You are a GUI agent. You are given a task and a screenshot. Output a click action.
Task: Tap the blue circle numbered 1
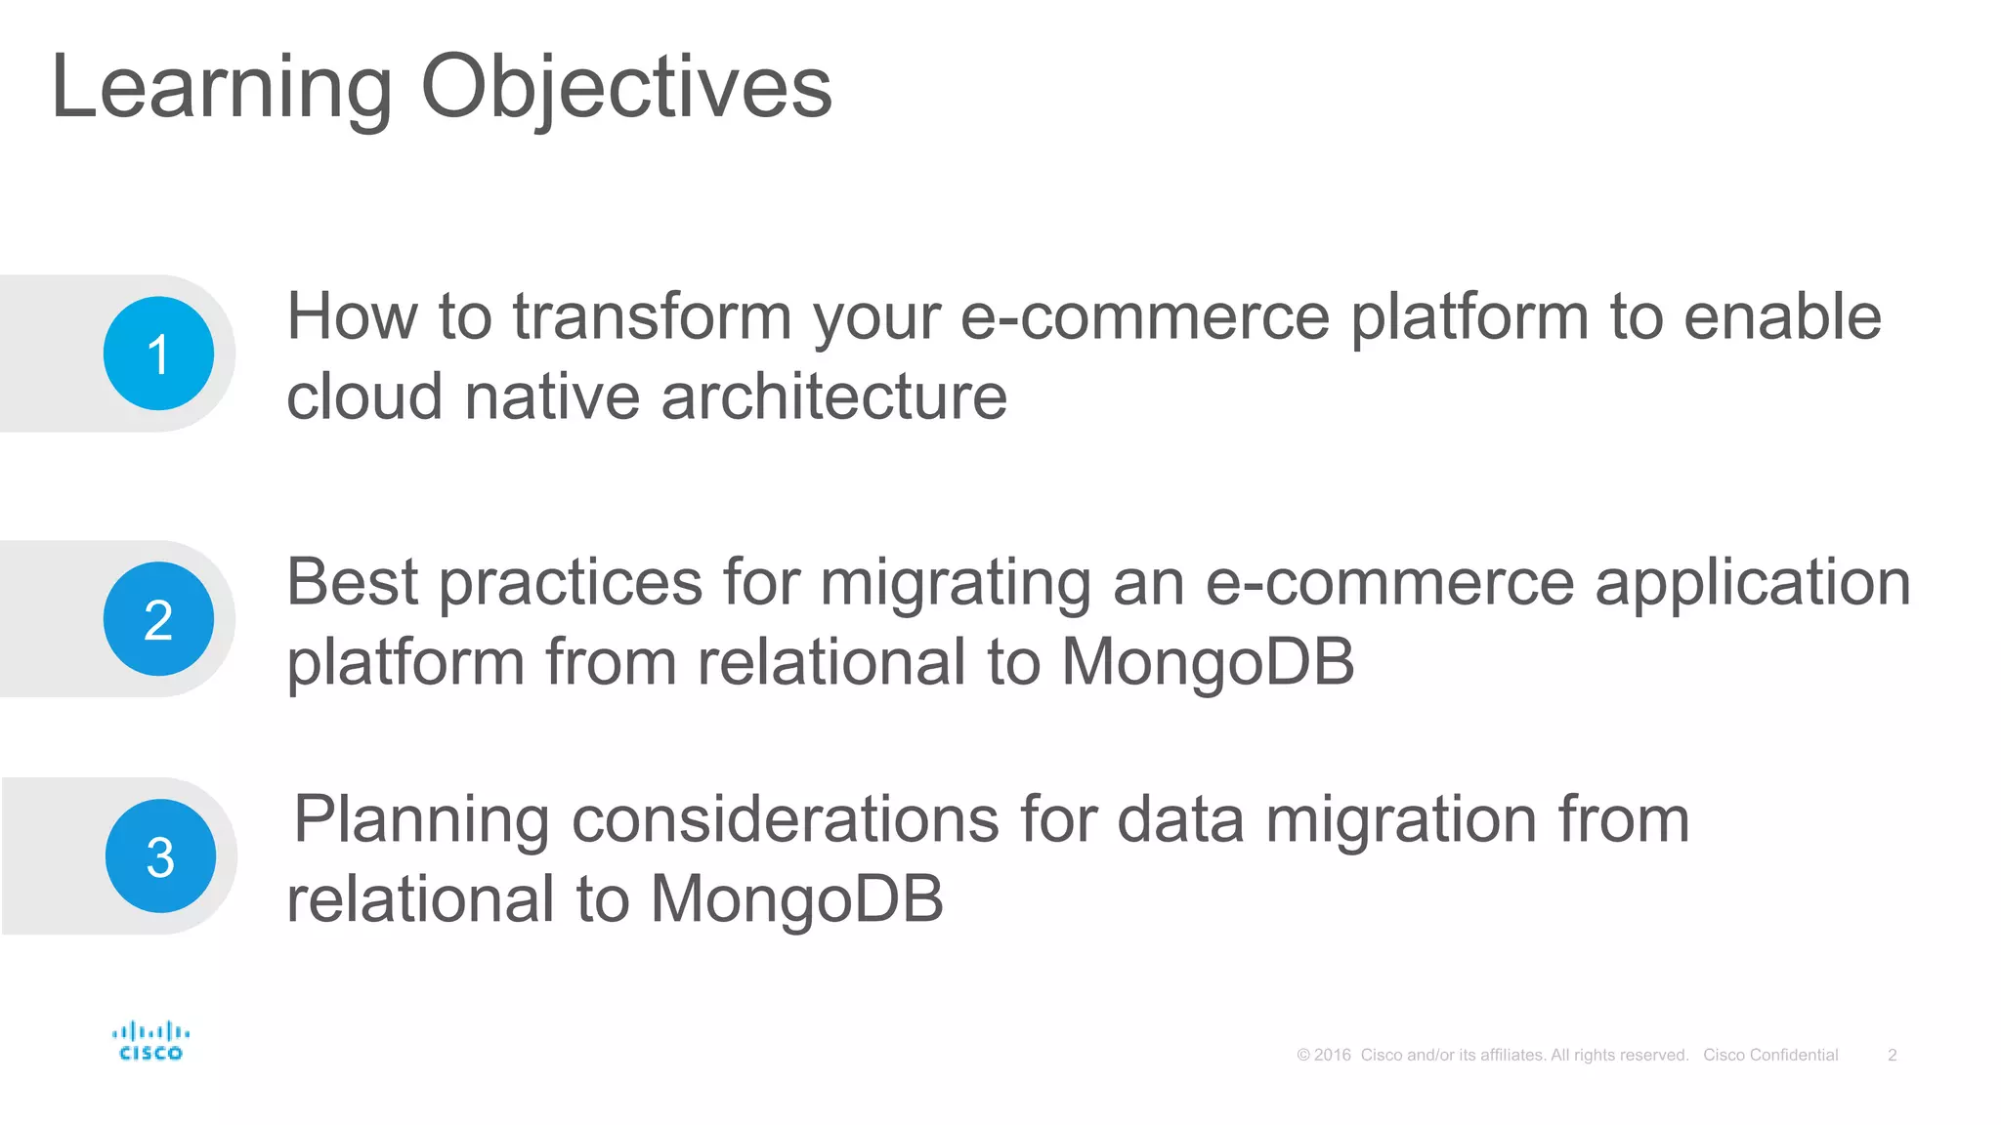pos(158,354)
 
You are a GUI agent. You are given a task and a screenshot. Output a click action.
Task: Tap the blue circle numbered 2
pos(158,619)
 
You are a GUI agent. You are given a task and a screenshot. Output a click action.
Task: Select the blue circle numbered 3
pos(160,856)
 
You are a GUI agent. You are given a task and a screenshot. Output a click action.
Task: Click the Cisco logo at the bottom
pos(150,1041)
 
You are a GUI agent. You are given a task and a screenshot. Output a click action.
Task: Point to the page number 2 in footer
pos(1892,1055)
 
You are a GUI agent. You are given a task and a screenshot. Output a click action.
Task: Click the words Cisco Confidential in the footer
pos(1770,1055)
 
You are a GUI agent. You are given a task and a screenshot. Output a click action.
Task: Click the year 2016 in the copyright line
pos(1333,1055)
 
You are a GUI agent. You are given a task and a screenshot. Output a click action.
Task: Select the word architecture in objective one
pos(833,397)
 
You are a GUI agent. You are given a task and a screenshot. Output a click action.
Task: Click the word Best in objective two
pos(352,583)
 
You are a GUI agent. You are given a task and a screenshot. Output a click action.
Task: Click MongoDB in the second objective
pos(1208,663)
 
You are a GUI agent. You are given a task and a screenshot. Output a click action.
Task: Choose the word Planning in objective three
pos(421,821)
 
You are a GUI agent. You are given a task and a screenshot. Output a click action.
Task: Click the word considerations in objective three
pos(785,819)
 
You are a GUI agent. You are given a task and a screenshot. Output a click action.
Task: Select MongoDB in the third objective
pos(796,899)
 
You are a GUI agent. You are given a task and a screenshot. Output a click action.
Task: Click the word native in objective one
pos(551,397)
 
